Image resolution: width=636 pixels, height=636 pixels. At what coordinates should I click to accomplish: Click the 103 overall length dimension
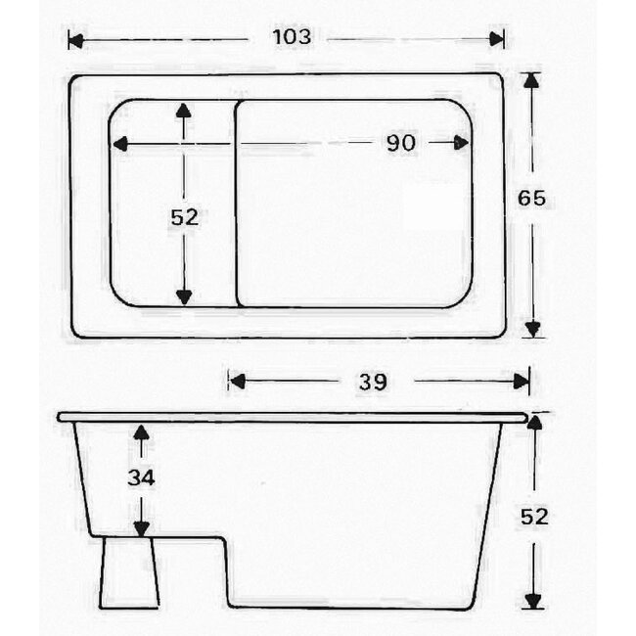tap(292, 38)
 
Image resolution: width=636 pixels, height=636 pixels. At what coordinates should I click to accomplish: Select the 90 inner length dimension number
tap(400, 143)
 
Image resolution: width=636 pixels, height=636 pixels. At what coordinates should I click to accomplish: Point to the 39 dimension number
tap(372, 382)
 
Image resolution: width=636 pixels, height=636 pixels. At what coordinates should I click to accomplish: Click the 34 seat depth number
tap(141, 478)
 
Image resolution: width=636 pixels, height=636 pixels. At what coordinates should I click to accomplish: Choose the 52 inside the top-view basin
tap(184, 217)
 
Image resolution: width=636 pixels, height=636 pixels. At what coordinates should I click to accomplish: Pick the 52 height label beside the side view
tap(533, 516)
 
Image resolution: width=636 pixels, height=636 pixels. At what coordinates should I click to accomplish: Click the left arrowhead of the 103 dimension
tap(75, 39)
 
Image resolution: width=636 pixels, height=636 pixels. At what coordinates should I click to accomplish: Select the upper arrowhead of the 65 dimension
tap(531, 81)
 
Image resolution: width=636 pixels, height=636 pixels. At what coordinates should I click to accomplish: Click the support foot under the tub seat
tap(128, 572)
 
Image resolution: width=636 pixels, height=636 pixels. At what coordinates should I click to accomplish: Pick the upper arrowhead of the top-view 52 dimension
tap(183, 111)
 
